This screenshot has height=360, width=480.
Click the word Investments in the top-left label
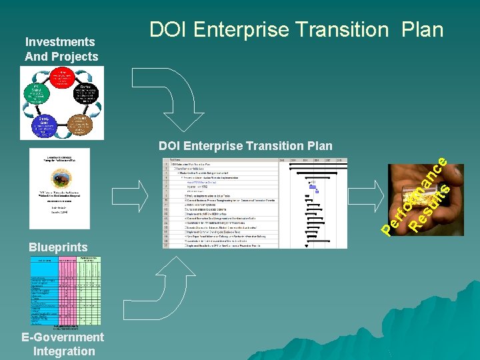click(60, 42)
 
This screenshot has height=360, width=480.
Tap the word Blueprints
click(58, 247)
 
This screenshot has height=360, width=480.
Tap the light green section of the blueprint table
click(93, 293)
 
